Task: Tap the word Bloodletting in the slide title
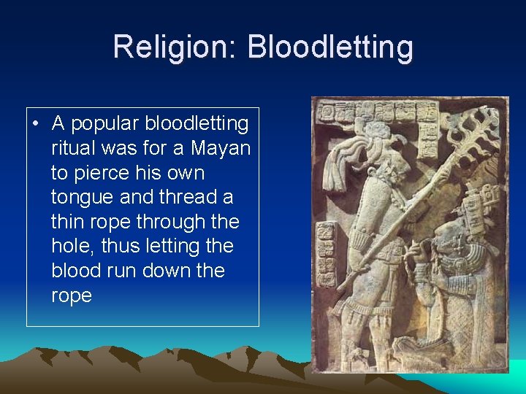click(x=330, y=47)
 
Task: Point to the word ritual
click(x=71, y=148)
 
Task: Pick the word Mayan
click(x=221, y=148)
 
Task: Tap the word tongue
click(x=80, y=197)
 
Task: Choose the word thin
click(x=68, y=222)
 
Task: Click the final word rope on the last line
click(x=71, y=295)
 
